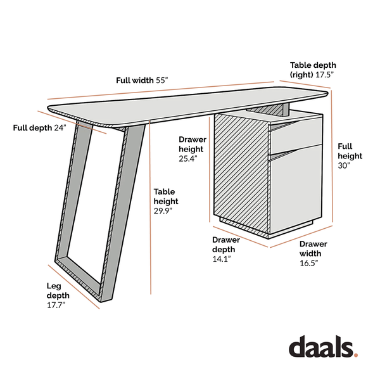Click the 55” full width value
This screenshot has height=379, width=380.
(x=161, y=80)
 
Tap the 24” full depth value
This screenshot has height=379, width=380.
(x=60, y=127)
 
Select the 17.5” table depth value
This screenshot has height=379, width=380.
(x=324, y=75)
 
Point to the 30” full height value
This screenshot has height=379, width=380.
(x=344, y=165)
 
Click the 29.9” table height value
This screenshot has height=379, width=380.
(x=163, y=211)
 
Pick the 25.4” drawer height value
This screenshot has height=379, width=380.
(x=188, y=158)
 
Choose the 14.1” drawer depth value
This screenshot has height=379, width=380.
(x=222, y=259)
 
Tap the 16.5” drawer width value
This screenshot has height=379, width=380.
(x=309, y=263)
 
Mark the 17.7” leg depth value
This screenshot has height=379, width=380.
(x=56, y=305)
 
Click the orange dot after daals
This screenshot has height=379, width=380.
(x=355, y=355)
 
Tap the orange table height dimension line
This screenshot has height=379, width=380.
(x=150, y=207)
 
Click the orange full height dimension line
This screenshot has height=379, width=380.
(x=332, y=157)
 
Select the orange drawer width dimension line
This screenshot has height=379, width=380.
(x=301, y=236)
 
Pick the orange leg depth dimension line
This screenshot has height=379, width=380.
(x=73, y=287)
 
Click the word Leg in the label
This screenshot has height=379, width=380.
(x=54, y=286)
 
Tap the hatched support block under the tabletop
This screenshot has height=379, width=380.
(x=269, y=110)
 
